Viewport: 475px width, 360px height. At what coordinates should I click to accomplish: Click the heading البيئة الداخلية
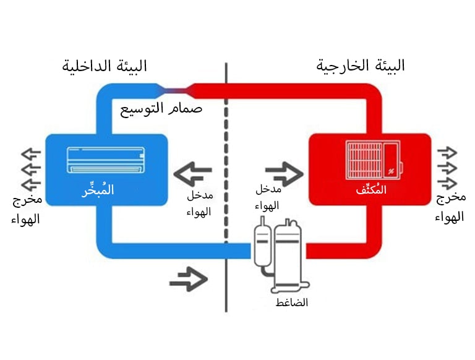point(105,66)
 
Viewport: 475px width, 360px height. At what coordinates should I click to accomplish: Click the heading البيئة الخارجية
point(361,66)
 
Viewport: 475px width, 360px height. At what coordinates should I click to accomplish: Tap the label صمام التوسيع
point(161,109)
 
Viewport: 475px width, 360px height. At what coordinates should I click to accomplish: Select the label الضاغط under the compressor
point(292,303)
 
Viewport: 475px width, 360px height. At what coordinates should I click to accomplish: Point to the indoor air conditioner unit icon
point(105,160)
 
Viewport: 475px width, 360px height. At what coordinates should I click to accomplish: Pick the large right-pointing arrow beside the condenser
point(284,172)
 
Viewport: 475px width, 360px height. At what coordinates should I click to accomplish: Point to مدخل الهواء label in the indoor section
point(199,204)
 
